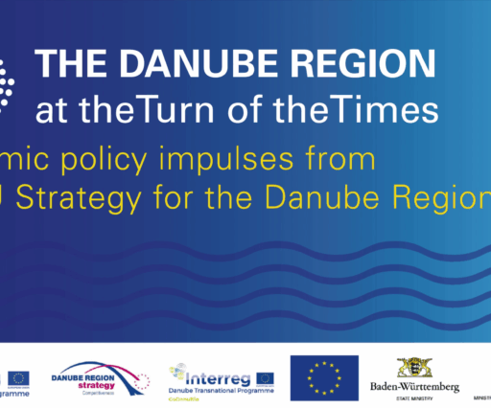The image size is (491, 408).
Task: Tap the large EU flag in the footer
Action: click(x=324, y=375)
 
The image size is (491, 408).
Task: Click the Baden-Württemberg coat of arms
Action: click(x=414, y=370)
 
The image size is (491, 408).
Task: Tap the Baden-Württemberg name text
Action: click(x=414, y=387)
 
